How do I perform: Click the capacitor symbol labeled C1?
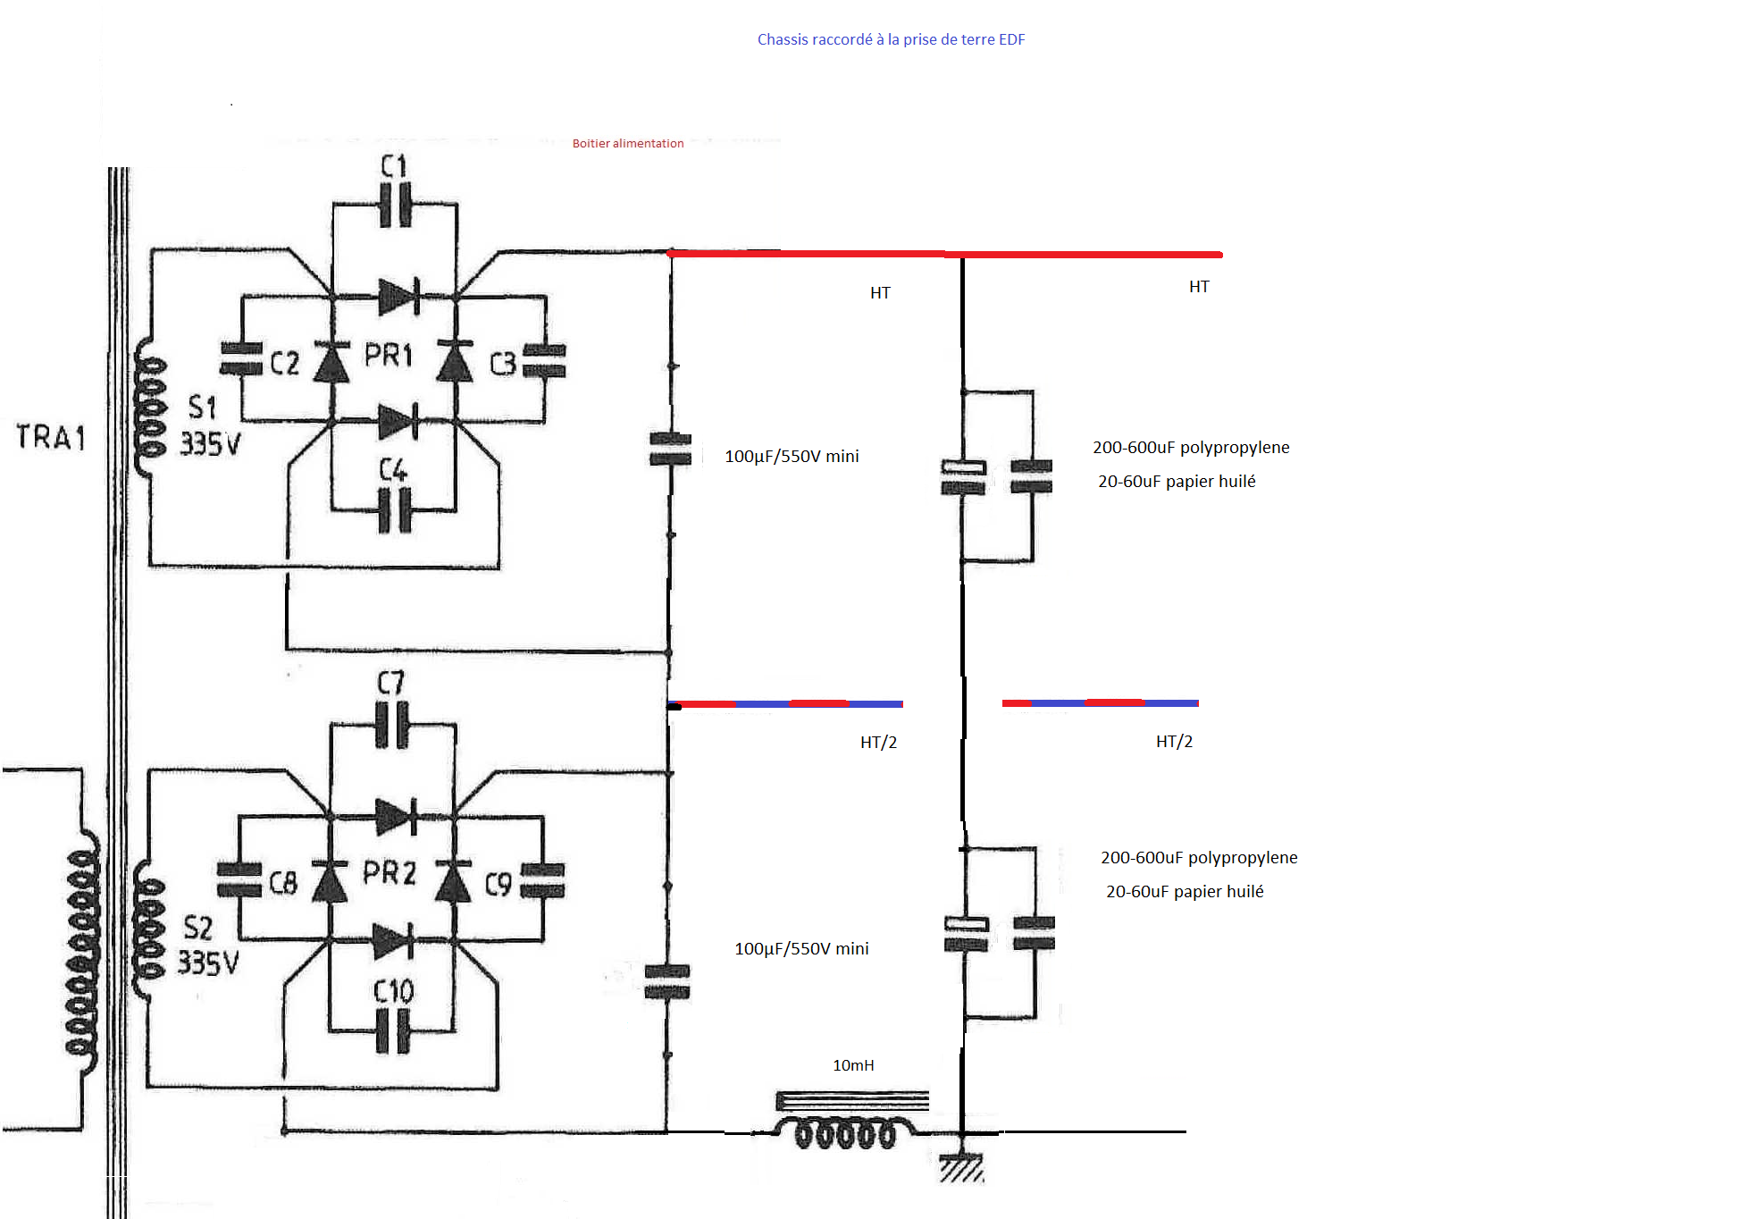point(395,205)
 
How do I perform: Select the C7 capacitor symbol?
point(392,725)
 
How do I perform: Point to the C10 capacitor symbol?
point(392,1031)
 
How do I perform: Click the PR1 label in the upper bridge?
point(389,355)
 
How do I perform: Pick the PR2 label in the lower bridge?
point(390,872)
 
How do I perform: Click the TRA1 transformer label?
point(51,437)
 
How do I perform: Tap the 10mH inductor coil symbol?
point(845,1132)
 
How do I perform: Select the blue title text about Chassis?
point(891,39)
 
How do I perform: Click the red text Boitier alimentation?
point(628,143)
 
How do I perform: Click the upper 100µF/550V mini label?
point(792,456)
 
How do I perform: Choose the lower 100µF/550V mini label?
point(801,948)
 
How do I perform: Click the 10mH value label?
point(853,1065)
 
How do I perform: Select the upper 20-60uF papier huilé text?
point(1177,481)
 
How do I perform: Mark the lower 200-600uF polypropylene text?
point(1199,857)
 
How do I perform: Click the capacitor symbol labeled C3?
point(544,361)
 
